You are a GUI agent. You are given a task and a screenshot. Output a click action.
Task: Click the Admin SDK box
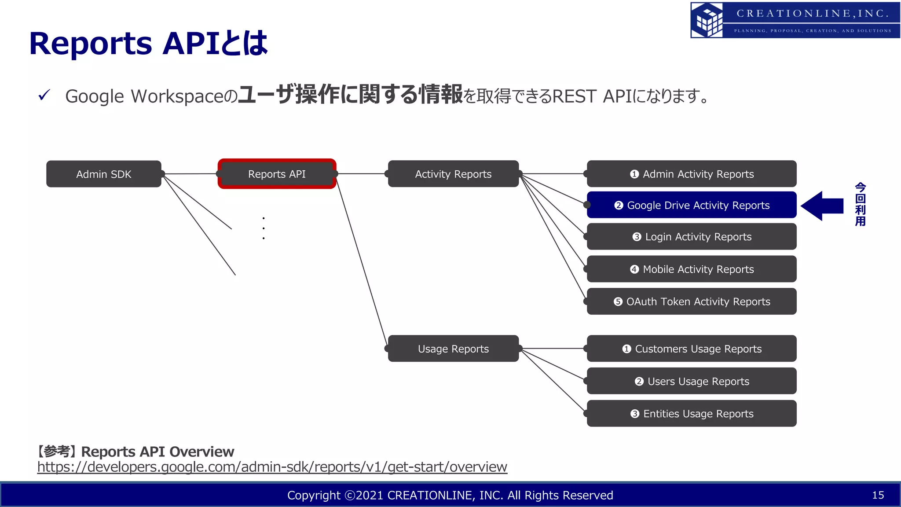[x=104, y=174]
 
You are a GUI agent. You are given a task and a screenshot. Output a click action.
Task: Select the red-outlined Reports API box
[x=277, y=174]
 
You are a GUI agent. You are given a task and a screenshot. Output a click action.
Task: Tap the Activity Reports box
[x=453, y=174]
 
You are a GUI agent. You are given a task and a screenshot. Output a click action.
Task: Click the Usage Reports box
[x=453, y=349]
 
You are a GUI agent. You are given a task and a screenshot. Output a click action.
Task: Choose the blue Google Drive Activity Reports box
[x=692, y=205]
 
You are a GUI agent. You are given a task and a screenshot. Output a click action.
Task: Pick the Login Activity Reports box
[x=692, y=237]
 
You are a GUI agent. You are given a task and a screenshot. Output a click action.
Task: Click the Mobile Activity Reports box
[x=692, y=269]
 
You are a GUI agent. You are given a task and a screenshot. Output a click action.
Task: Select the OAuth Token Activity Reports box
[x=692, y=301]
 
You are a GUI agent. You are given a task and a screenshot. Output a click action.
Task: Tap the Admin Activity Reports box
[x=692, y=174]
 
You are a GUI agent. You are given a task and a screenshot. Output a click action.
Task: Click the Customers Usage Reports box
[x=692, y=349]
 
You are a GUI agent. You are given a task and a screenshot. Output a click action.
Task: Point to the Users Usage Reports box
[x=692, y=381]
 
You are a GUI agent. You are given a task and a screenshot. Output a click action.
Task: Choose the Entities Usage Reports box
[x=692, y=413]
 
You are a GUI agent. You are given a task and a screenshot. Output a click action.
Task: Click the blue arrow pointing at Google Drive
[x=822, y=206]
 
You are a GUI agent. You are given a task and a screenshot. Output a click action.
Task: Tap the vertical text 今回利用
[x=860, y=205]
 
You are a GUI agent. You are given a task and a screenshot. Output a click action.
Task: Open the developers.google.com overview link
[x=272, y=467]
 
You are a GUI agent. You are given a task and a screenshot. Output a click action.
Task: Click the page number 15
[x=878, y=495]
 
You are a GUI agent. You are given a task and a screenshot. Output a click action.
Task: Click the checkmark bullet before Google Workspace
[x=44, y=95]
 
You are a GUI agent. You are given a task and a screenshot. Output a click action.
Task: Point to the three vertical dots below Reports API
[x=264, y=228]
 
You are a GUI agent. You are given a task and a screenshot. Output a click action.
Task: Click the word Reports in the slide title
[x=91, y=44]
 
